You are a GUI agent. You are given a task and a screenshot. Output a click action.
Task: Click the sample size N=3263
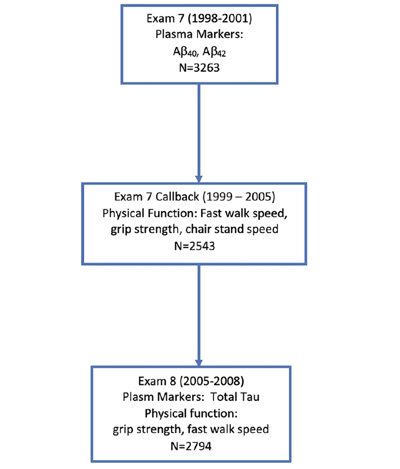pyautogui.click(x=199, y=68)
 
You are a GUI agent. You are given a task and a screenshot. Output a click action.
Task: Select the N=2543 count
pyautogui.click(x=195, y=246)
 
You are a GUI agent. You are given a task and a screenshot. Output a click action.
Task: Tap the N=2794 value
pyautogui.click(x=191, y=446)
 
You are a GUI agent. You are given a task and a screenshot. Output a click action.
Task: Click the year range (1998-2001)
pyautogui.click(x=220, y=18)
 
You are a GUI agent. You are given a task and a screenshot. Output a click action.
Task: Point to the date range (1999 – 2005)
pyautogui.click(x=239, y=197)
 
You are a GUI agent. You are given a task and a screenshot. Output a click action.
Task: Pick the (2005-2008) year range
pyautogui.click(x=212, y=381)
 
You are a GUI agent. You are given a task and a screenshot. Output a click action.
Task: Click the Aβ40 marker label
pyautogui.click(x=185, y=52)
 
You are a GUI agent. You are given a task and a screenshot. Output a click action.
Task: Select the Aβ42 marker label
pyautogui.click(x=214, y=52)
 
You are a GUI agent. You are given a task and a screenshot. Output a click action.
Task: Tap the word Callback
pyautogui.click(x=177, y=197)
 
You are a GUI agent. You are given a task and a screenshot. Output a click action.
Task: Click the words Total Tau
pyautogui.click(x=235, y=397)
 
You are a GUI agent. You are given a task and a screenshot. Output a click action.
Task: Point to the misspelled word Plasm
pyautogui.click(x=138, y=397)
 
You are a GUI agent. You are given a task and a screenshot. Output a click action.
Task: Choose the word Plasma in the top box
pyautogui.click(x=174, y=34)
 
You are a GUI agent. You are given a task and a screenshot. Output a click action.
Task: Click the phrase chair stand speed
pyautogui.click(x=232, y=229)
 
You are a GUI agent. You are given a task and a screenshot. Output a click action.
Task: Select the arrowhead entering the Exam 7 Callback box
pyautogui.click(x=199, y=179)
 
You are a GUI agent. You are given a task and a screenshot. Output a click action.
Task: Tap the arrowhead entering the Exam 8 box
pyautogui.click(x=199, y=362)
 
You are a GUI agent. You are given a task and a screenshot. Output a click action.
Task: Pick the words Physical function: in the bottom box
pyautogui.click(x=191, y=414)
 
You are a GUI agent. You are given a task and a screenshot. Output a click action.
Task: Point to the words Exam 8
pyautogui.click(x=157, y=381)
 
